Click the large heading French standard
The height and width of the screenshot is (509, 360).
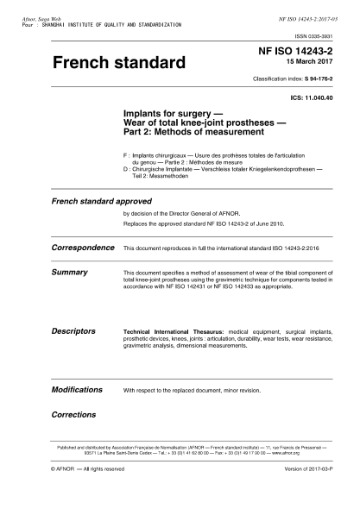119,63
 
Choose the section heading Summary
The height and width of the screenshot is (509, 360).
69,271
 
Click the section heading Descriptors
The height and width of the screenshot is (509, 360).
73,330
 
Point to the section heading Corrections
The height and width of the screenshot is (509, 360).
73,414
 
